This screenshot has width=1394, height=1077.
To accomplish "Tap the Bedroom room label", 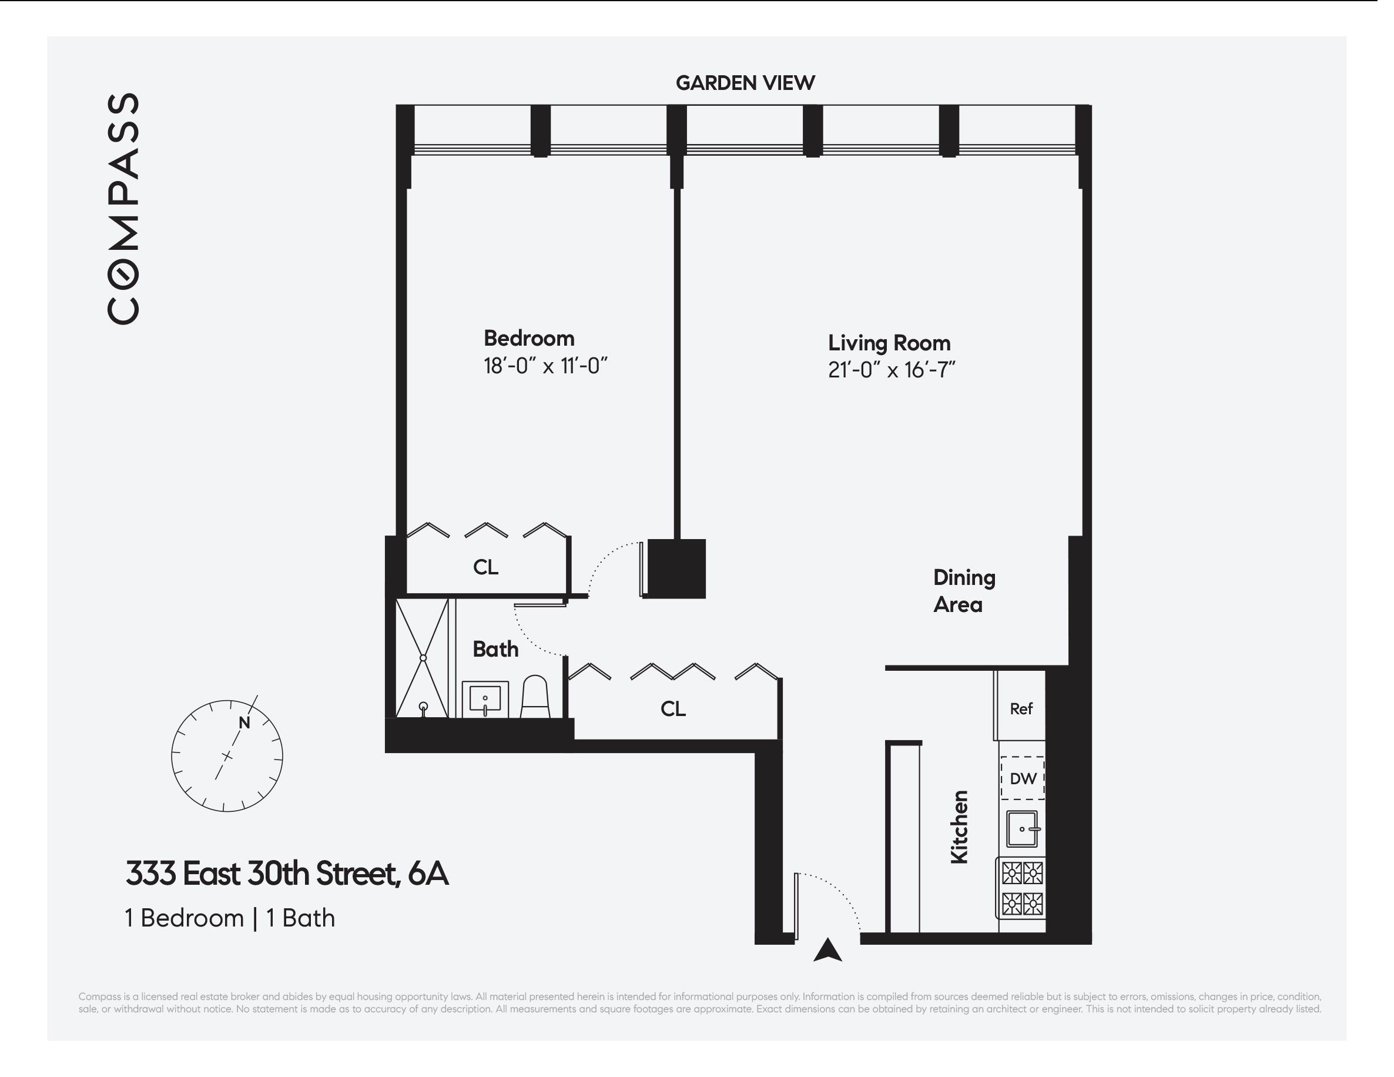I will (x=529, y=339).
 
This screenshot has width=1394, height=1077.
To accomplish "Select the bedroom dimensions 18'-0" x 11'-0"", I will (x=545, y=366).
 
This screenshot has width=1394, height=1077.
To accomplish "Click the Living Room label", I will (x=889, y=343).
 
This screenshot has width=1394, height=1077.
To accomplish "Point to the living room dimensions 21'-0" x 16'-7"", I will (x=891, y=370).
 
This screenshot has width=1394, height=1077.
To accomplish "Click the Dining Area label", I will (x=964, y=591).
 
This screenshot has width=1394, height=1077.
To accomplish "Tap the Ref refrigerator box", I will (x=1021, y=708).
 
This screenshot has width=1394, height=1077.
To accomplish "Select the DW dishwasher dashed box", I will (x=1023, y=778).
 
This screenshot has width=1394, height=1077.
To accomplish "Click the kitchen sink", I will (x=1021, y=829).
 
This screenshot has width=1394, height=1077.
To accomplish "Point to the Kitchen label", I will (x=959, y=827).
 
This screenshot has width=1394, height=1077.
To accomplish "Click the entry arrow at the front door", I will (x=827, y=950).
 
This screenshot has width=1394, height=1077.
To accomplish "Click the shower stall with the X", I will (x=422, y=658).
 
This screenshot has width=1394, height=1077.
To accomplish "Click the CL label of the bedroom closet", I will (x=486, y=567).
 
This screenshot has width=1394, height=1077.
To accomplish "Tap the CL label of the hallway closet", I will (x=673, y=709).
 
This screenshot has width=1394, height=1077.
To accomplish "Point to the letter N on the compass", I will (x=244, y=723).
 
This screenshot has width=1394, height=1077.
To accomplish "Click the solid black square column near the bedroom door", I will (x=676, y=568).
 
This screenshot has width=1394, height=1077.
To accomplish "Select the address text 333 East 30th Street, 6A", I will (x=287, y=874).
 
